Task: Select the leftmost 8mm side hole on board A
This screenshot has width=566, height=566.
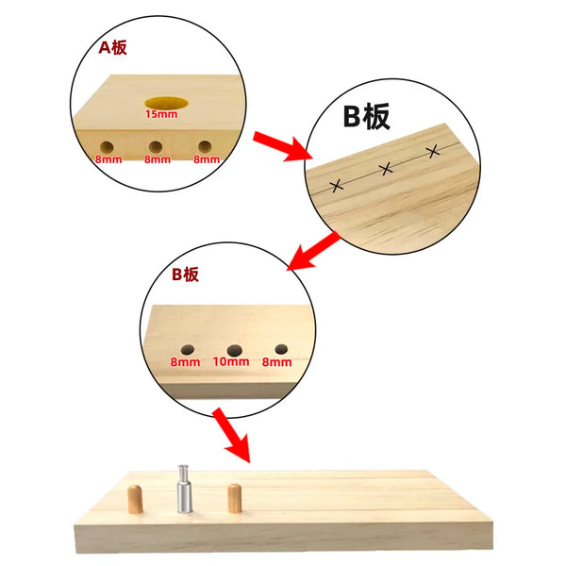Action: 108,147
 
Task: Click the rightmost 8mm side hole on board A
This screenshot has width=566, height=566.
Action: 204,146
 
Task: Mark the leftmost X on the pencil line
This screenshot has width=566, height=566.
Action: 336,185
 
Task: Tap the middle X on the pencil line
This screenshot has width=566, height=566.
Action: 386,169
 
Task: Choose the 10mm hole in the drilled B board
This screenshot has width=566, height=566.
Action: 233,349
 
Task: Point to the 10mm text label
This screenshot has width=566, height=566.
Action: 231,362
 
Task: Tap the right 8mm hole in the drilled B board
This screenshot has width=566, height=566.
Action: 278,347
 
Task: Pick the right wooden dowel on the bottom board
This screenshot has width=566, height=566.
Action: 233,497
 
